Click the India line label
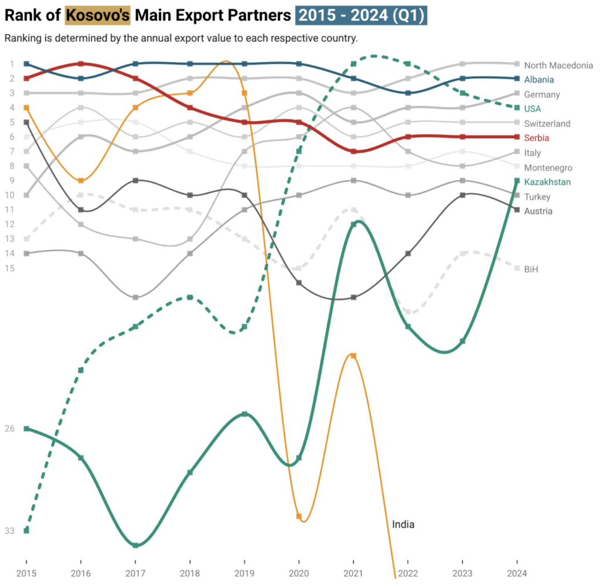coord(403,524)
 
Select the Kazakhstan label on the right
coord(547,182)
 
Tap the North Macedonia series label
coord(558,65)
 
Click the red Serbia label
coord(537,138)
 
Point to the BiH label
coord(531,269)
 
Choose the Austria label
coord(538,211)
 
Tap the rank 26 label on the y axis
coord(9,428)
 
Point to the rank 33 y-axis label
coord(9,531)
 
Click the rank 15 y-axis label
coord(9,268)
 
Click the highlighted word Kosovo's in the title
coord(98,15)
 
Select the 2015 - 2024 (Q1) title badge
coord(361,15)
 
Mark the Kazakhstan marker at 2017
coord(136,546)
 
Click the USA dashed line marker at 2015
coord(26,530)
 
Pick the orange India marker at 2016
coord(81,181)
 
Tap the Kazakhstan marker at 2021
coord(353,224)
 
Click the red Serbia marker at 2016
coord(81,64)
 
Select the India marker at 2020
coord(299,516)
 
